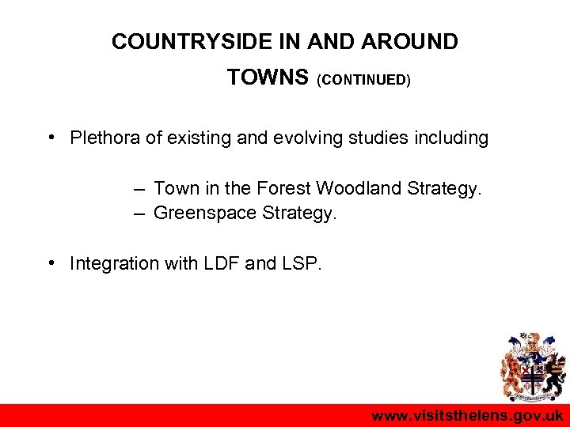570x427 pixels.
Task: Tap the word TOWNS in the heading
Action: (268, 77)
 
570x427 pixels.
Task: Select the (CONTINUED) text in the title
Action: (363, 81)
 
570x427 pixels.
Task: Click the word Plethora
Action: (104, 138)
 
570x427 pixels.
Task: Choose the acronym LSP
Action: (300, 263)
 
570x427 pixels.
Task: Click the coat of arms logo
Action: (533, 367)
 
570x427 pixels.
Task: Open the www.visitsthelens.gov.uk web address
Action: (467, 416)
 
